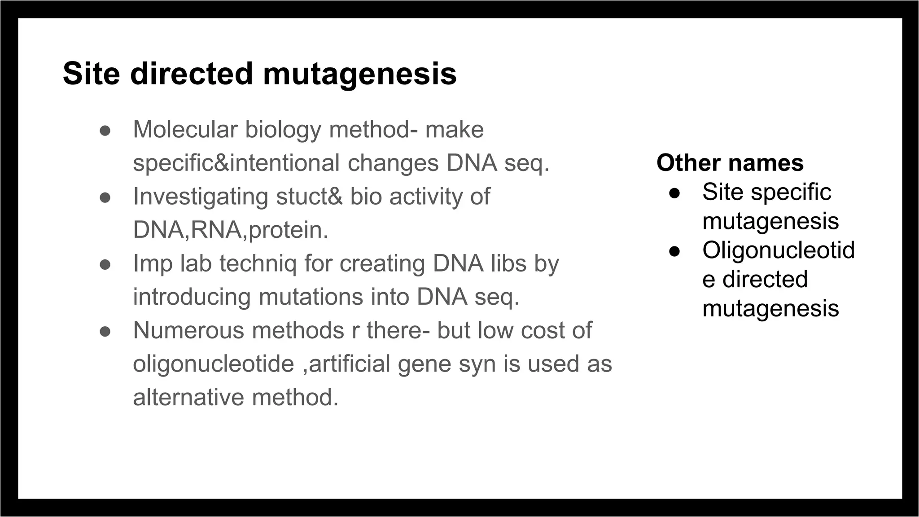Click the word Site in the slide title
(x=91, y=74)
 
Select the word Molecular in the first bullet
(x=185, y=130)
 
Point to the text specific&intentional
(x=236, y=163)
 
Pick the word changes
(x=393, y=163)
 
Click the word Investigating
(x=200, y=197)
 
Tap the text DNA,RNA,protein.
(x=231, y=230)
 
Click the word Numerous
(x=188, y=331)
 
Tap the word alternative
(x=188, y=398)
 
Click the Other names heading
(x=730, y=162)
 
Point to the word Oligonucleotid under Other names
(x=778, y=250)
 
